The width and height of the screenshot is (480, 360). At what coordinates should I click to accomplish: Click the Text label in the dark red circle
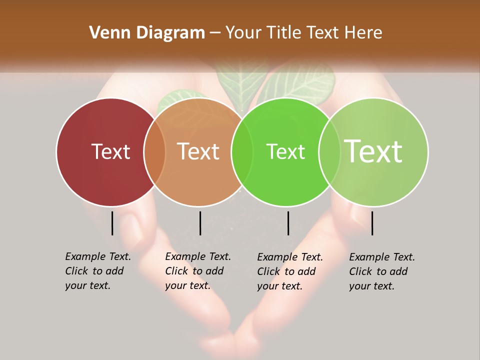click(110, 151)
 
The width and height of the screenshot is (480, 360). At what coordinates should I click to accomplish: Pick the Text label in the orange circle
click(198, 151)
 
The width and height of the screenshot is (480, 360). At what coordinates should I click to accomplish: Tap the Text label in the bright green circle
click(285, 151)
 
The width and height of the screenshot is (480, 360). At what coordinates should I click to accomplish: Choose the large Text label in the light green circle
click(373, 151)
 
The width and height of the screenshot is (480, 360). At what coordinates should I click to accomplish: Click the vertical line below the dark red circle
click(112, 223)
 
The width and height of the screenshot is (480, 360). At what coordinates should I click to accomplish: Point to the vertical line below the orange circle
click(200, 223)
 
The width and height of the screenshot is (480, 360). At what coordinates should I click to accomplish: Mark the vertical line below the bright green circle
click(288, 223)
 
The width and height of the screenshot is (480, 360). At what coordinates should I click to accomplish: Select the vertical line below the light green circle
click(372, 223)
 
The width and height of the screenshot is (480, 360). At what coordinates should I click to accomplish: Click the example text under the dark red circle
click(97, 271)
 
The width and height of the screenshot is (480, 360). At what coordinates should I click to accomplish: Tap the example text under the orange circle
click(197, 271)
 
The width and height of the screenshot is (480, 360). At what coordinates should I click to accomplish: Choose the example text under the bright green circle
click(289, 271)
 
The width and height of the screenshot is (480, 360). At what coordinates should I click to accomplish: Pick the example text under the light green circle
click(381, 271)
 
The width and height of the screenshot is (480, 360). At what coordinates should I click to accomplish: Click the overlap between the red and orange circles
click(154, 152)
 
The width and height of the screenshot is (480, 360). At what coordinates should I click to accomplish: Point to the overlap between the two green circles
click(329, 152)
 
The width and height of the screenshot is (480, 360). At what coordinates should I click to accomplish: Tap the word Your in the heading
click(243, 32)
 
